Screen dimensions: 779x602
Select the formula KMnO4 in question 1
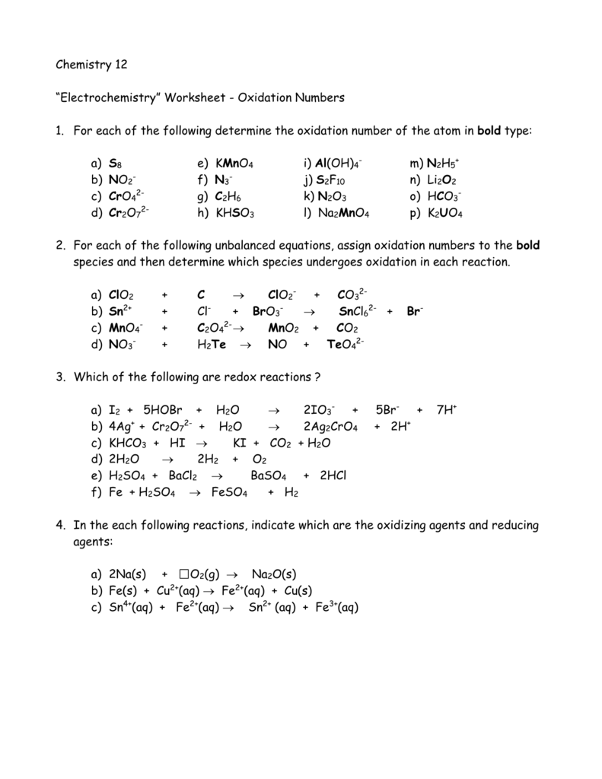234,164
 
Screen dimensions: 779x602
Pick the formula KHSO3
235,215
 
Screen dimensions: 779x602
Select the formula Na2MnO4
344,215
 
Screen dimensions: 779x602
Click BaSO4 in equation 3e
268,476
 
